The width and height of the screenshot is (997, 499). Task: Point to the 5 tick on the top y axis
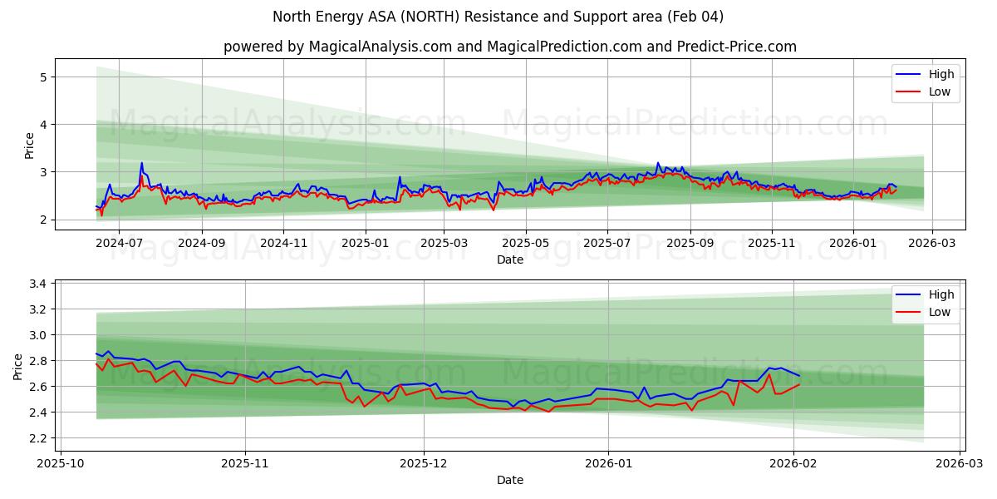point(43,77)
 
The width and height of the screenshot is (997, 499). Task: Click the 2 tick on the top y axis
point(43,220)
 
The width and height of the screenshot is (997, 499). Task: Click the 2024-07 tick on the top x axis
point(119,243)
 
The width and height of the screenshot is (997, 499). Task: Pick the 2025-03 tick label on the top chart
point(444,243)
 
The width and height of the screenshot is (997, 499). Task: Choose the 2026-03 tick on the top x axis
point(931,243)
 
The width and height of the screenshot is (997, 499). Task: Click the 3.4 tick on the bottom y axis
point(37,284)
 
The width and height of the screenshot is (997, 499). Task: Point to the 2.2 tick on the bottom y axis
point(37,438)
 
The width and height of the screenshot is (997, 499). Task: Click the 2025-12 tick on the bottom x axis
point(424,462)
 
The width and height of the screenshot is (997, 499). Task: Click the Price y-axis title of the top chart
point(30,146)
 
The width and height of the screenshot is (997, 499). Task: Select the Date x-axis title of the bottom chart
point(509,480)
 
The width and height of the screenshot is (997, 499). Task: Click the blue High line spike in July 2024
point(141,164)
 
